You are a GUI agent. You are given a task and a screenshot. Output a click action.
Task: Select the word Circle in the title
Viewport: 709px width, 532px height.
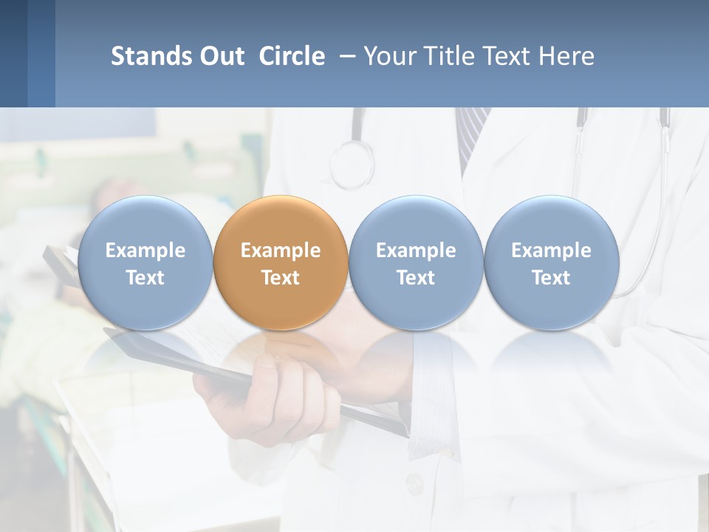(292, 56)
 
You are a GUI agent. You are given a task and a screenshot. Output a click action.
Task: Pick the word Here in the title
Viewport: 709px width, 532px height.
(566, 56)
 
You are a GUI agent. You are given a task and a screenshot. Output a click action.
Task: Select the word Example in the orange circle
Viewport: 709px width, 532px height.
(281, 250)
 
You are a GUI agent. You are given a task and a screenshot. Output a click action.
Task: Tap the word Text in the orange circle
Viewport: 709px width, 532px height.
(281, 278)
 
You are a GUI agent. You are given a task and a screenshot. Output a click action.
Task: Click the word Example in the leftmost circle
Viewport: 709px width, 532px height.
(145, 250)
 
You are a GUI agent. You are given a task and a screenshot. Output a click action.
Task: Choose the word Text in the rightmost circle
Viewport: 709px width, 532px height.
(551, 278)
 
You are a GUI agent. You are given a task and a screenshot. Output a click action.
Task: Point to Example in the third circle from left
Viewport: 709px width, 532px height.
(416, 250)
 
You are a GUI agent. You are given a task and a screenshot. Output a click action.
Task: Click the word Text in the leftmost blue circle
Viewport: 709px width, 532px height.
(145, 278)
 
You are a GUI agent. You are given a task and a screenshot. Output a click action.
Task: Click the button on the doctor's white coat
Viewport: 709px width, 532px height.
(414, 484)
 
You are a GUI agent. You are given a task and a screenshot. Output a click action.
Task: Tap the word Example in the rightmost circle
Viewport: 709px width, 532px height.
(551, 250)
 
